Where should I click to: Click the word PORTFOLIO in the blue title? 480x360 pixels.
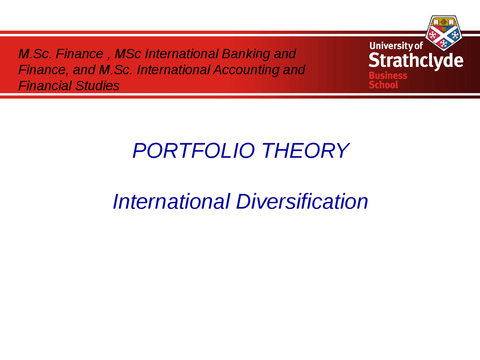(194, 150)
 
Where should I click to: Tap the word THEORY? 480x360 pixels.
(305, 150)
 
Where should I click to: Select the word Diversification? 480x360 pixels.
(302, 201)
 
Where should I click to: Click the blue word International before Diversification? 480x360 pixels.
(171, 201)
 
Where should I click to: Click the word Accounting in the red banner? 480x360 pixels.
(246, 70)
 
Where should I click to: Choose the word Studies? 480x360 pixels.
(97, 85)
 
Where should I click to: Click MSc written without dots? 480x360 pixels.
(128, 54)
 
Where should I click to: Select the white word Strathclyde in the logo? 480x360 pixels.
(416, 60)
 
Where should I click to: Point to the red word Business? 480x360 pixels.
(388, 76)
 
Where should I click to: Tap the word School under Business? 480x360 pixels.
(383, 85)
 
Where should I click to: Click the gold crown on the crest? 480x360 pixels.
(444, 29)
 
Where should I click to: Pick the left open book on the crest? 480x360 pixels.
(436, 22)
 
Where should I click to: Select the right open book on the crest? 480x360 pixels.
(451, 22)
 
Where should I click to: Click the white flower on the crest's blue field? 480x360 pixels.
(455, 35)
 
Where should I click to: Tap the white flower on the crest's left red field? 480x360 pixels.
(432, 35)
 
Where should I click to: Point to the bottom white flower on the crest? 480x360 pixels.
(444, 43)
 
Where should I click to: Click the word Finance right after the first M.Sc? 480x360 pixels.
(79, 54)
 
